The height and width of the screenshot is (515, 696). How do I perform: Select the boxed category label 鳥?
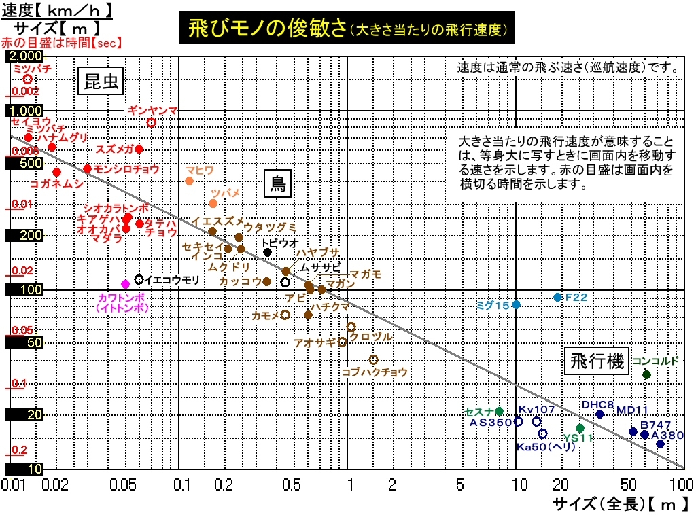pyautogui.click(x=277, y=183)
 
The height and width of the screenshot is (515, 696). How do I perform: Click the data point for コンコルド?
pyautogui.click(x=646, y=374)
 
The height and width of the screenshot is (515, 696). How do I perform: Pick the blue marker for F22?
pyautogui.click(x=557, y=297)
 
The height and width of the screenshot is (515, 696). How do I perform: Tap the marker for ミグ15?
pyautogui.click(x=516, y=304)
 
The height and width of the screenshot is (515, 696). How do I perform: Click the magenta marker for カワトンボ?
pyautogui.click(x=125, y=284)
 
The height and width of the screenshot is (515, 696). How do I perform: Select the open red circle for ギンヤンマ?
pyautogui.click(x=152, y=122)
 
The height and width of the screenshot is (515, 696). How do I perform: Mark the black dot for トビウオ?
pyautogui.click(x=268, y=252)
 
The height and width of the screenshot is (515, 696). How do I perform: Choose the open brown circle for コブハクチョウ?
pyautogui.click(x=373, y=359)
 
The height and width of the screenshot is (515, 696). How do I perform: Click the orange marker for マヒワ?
pyautogui.click(x=189, y=181)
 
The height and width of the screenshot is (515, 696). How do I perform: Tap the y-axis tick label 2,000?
pyautogui.click(x=28, y=56)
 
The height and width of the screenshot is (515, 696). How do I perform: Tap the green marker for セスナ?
pyautogui.click(x=500, y=411)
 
